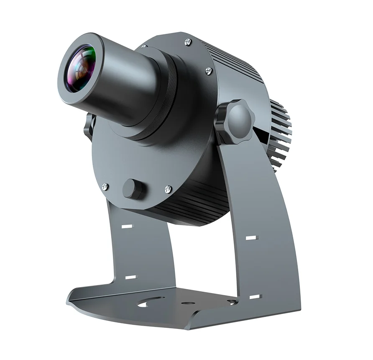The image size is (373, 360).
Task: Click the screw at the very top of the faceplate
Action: coord(188,41)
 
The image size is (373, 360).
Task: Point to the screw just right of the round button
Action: coord(168,189)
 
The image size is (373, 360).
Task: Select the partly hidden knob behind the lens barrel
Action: coord(89,126)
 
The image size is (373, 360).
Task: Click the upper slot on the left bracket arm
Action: coord(127,226)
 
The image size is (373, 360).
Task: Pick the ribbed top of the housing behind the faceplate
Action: coord(234,59)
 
